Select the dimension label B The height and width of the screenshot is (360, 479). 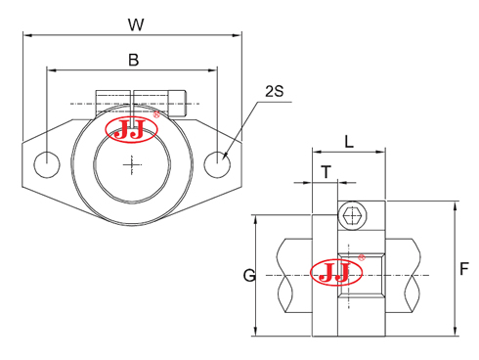pyautogui.click(x=133, y=60)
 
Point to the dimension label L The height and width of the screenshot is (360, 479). pyautogui.click(x=350, y=141)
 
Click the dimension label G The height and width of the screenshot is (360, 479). pyautogui.click(x=249, y=276)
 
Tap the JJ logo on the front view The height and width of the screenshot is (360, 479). pyautogui.click(x=130, y=131)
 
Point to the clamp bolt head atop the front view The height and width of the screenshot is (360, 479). pyautogui.click(x=177, y=103)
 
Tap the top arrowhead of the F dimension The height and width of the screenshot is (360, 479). pyautogui.click(x=456, y=204)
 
